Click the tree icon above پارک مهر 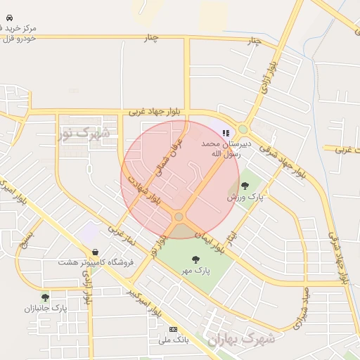[195, 259]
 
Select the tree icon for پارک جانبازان [46, 297]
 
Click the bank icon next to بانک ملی [174, 329]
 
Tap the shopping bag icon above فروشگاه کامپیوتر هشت [94, 252]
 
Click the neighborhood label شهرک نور [84, 132]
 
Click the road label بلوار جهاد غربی [155, 112]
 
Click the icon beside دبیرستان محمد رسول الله [226, 132]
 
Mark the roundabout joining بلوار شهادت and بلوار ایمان [179, 217]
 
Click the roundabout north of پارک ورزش [243, 129]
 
